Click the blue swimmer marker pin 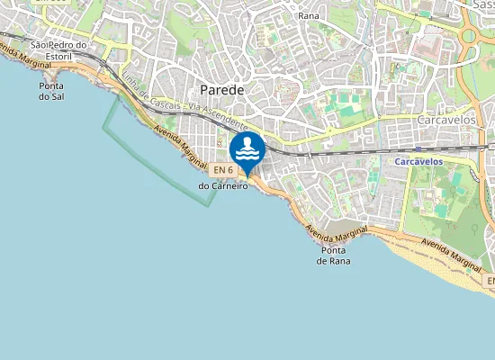[247, 149]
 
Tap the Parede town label [222, 89]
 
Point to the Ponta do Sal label [51, 91]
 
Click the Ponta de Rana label [333, 256]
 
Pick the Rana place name [309, 15]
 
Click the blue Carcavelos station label [419, 162]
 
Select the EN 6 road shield [224, 170]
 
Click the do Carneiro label [222, 186]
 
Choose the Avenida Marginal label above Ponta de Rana [337, 231]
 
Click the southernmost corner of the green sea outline [211, 205]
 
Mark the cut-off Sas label [482, 4]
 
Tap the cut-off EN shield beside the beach [490, 282]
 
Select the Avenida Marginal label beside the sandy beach [447, 253]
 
